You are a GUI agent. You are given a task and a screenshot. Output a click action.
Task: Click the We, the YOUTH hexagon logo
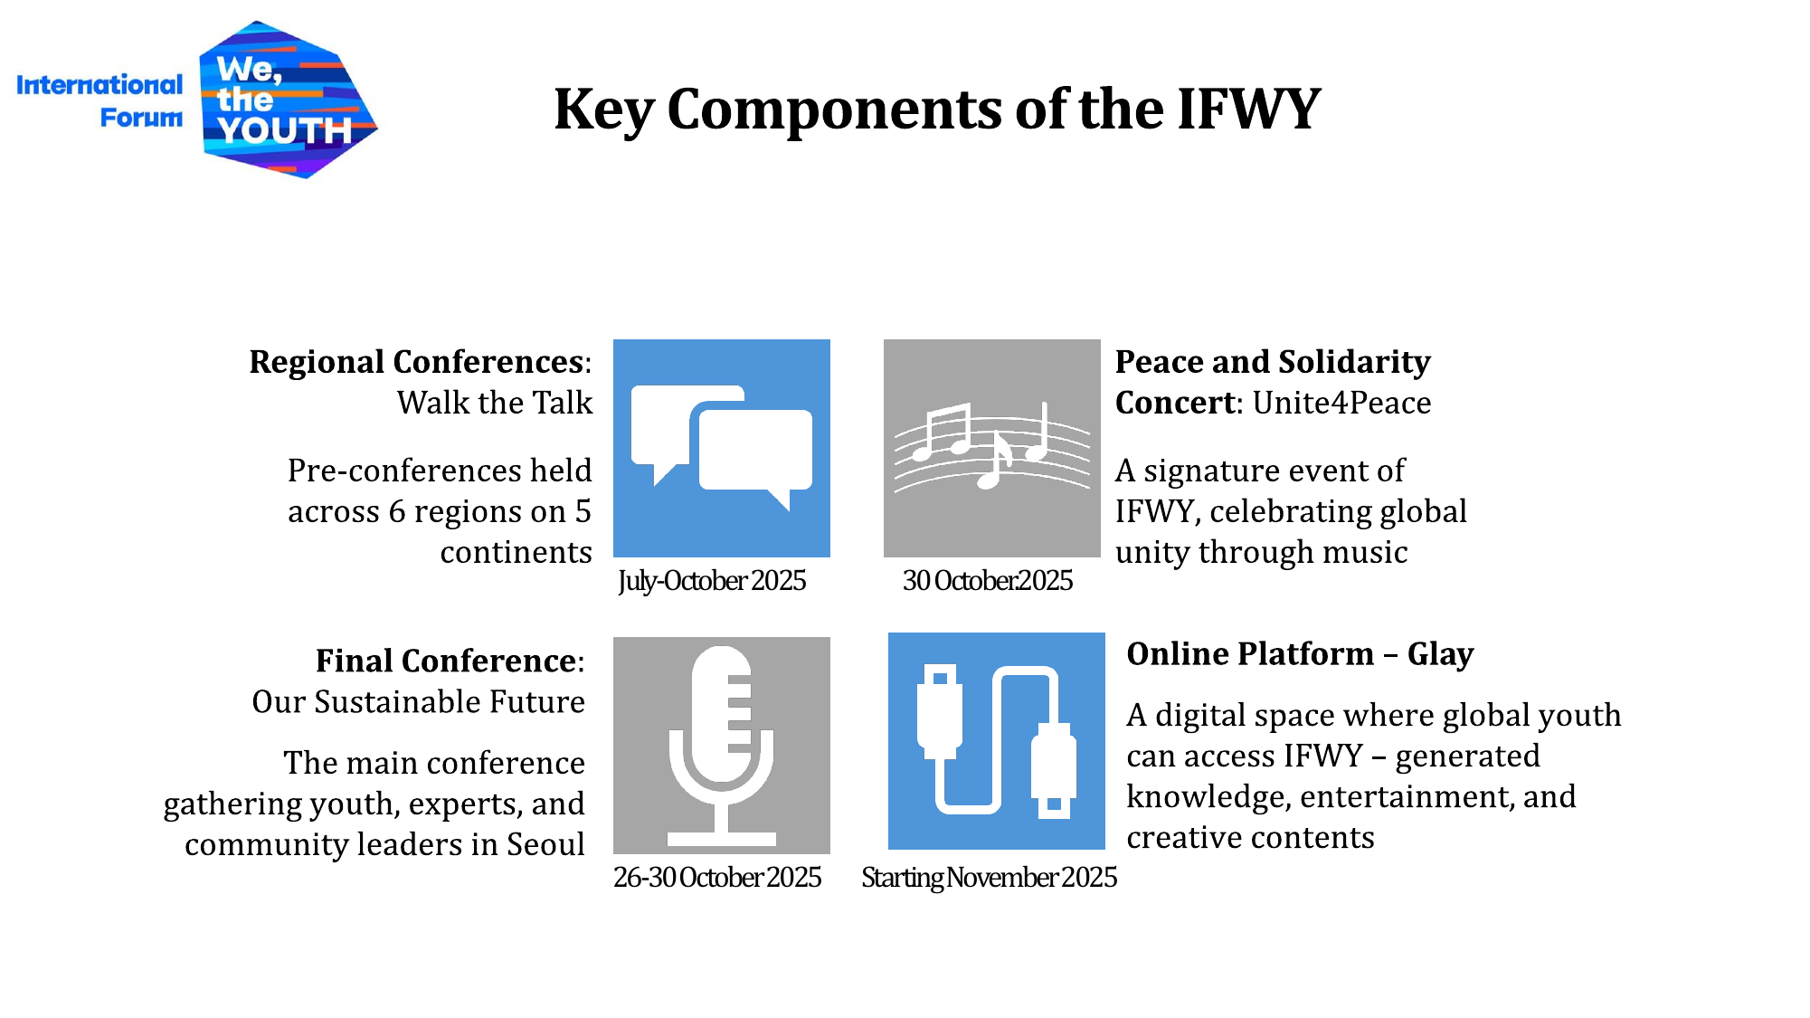[289, 100]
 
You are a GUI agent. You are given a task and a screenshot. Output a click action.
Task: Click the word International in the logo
[100, 85]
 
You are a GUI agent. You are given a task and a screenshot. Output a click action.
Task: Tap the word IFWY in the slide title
[1249, 109]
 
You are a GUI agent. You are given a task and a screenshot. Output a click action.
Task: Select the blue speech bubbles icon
[722, 448]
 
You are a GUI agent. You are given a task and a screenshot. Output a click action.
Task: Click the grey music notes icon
[992, 448]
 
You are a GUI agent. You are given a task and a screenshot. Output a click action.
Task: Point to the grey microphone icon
[722, 746]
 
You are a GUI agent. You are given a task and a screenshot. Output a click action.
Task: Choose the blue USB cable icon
[997, 741]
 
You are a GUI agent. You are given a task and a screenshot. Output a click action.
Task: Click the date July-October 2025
[712, 580]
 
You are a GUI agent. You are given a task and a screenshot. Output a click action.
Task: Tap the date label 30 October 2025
[988, 580]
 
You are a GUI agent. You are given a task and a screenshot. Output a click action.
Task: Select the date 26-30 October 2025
[717, 877]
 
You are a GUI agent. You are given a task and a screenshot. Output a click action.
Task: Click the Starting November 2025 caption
[989, 877]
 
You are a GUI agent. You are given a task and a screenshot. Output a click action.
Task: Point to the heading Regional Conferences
[417, 362]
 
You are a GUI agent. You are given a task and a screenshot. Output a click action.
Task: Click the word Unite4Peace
[1342, 403]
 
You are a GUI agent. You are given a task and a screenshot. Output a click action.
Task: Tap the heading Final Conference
[447, 661]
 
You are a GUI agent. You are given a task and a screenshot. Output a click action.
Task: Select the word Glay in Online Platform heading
[1441, 654]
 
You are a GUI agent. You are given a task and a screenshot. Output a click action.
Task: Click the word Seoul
[545, 844]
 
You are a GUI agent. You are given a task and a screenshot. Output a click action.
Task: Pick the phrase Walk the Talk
[495, 403]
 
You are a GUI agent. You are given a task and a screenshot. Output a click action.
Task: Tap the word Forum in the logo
[141, 118]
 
